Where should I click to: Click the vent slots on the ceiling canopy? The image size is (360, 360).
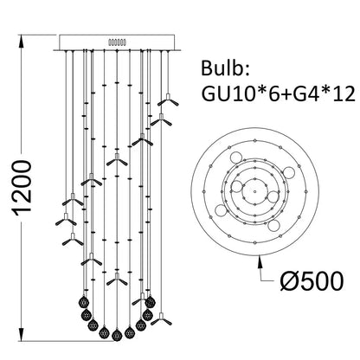coord(115,40)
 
